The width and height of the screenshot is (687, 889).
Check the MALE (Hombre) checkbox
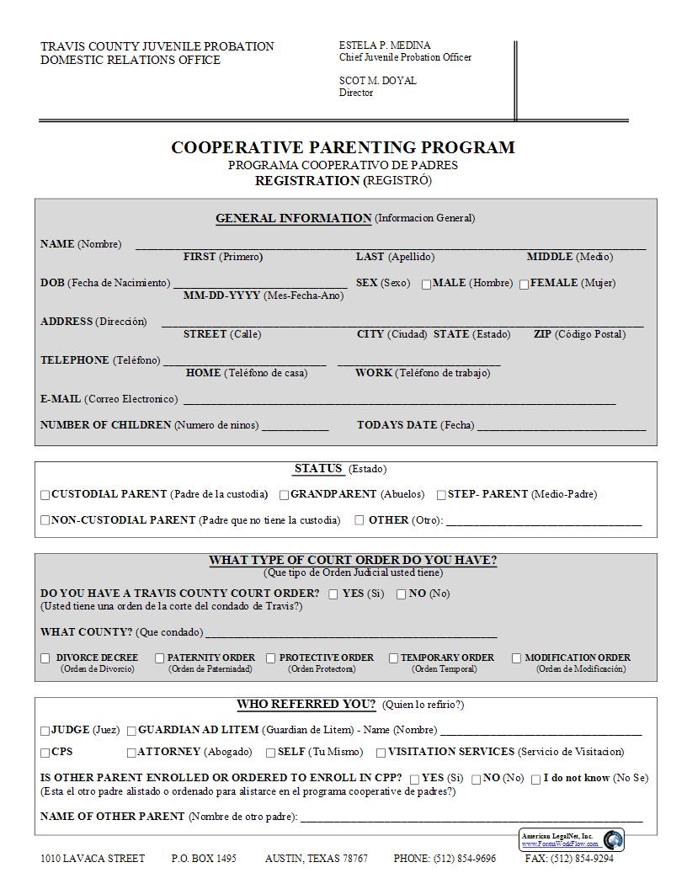(x=427, y=285)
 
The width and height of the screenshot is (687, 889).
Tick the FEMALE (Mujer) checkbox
(x=524, y=285)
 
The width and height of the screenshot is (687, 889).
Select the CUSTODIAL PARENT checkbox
(x=45, y=495)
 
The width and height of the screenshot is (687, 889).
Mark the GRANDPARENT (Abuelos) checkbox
(x=285, y=495)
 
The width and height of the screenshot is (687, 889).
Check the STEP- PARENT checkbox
(x=441, y=495)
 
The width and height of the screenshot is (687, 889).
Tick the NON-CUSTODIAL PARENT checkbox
(x=45, y=520)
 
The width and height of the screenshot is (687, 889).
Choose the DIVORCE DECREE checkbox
(x=45, y=658)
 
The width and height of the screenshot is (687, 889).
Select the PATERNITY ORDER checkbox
(x=160, y=658)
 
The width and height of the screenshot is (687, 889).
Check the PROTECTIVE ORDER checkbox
(x=271, y=658)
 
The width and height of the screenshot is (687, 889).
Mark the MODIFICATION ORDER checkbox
(x=517, y=658)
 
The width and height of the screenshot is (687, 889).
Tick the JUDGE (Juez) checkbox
(x=45, y=732)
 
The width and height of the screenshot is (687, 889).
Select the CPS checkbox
(x=45, y=753)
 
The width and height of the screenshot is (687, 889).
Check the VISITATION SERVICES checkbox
(x=381, y=753)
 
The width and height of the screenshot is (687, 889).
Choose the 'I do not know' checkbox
(x=535, y=780)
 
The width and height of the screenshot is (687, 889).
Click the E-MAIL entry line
(x=399, y=400)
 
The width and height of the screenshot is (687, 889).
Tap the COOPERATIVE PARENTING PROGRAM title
(x=343, y=148)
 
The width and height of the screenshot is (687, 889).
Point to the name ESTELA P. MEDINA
(x=384, y=45)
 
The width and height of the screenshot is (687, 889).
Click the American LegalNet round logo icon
(x=613, y=839)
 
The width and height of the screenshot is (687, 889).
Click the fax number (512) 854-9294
(x=582, y=859)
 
